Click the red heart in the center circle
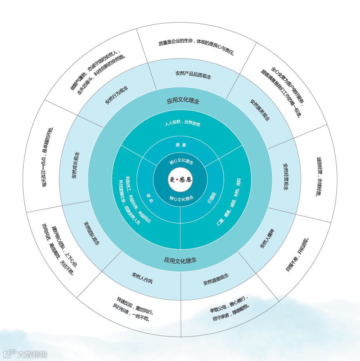[x=177, y=180]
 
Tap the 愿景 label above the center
[x=180, y=145]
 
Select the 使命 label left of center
[x=150, y=197]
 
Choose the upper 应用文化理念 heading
[x=183, y=101]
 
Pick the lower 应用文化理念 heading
[x=180, y=260]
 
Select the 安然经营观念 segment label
[x=286, y=177]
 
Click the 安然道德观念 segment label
[x=216, y=279]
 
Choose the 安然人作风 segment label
[x=142, y=278]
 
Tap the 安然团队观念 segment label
[x=92, y=233]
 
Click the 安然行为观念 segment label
[x=116, y=95]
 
